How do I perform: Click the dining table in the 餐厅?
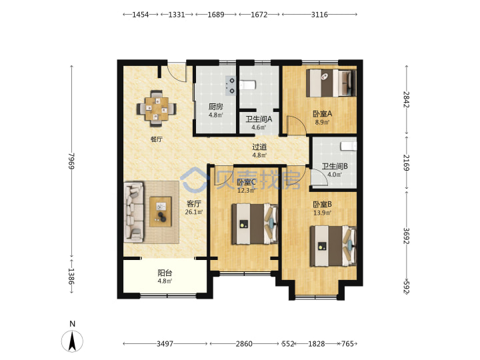pyautogui.click(x=157, y=109)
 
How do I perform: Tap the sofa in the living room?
pyautogui.click(x=134, y=213)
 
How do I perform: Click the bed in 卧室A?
pyautogui.click(x=331, y=83)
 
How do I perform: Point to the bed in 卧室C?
pyautogui.click(x=255, y=224)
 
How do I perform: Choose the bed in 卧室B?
pyautogui.click(x=333, y=246)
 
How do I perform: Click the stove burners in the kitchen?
pyautogui.click(x=231, y=86)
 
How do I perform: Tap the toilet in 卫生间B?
pyautogui.click(x=349, y=146)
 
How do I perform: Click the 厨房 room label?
pyautogui.click(x=216, y=107)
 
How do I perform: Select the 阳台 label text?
pyautogui.click(x=165, y=273)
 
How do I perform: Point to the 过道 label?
pyautogui.click(x=259, y=147)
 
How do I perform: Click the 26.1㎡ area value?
pyautogui.click(x=194, y=212)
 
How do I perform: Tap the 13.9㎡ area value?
pyautogui.click(x=322, y=213)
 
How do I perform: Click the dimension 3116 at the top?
pyautogui.click(x=319, y=15)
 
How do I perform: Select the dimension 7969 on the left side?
pyautogui.click(x=71, y=161)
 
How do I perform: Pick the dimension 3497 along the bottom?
pyautogui.click(x=165, y=344)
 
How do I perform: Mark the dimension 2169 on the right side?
pyautogui.click(x=406, y=162)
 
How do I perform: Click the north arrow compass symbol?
pyautogui.click(x=72, y=341)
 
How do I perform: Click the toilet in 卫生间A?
pyautogui.click(x=247, y=85)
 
